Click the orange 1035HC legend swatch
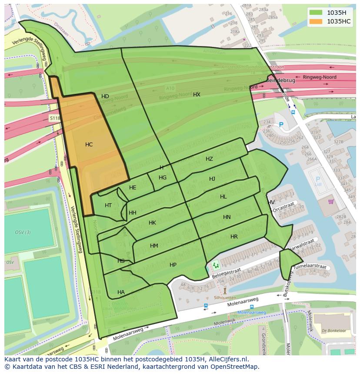(316, 21)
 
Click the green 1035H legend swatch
(316, 13)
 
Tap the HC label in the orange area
(89, 145)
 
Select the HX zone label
(197, 94)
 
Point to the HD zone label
(105, 96)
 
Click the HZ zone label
(209, 159)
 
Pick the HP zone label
(173, 265)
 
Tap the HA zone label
(121, 292)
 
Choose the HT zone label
(108, 205)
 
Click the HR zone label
(234, 237)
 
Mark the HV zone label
(271, 202)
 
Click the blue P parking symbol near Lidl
(317, 179)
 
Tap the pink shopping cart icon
(331, 202)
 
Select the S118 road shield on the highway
(54, 118)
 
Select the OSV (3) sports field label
(23, 232)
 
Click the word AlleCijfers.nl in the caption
(227, 360)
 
